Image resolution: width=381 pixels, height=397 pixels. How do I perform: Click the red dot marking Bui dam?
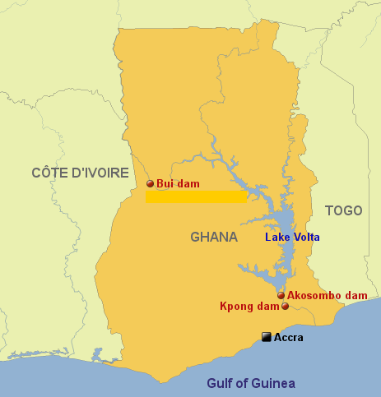(x=150, y=184)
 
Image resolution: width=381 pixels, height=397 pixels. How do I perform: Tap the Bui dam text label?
(x=178, y=184)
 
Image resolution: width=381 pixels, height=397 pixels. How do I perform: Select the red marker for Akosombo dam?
(x=281, y=295)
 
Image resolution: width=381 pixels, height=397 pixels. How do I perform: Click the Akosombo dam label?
(x=327, y=295)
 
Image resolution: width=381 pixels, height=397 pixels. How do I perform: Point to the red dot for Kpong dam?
(x=286, y=307)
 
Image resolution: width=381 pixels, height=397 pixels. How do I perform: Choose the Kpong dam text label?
(x=249, y=307)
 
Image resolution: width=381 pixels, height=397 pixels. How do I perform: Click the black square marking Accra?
(x=266, y=337)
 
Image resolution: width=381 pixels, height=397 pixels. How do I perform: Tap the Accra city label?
(x=288, y=337)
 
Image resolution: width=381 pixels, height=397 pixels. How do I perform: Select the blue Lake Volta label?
(x=292, y=238)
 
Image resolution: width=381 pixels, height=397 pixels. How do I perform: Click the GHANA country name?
(x=214, y=237)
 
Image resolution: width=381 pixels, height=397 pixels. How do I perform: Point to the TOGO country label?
(x=343, y=210)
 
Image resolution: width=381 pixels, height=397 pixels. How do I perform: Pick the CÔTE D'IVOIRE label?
(x=80, y=173)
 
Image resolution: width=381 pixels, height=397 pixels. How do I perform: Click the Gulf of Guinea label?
(x=250, y=383)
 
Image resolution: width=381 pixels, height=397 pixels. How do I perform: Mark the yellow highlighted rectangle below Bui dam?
(x=196, y=196)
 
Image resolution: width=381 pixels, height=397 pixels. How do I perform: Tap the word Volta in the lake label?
(x=306, y=238)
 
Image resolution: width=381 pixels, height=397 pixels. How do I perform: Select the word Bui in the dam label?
(x=165, y=184)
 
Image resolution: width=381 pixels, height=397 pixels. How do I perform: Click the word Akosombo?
(x=315, y=295)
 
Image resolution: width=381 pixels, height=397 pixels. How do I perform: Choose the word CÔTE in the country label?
(x=49, y=173)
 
